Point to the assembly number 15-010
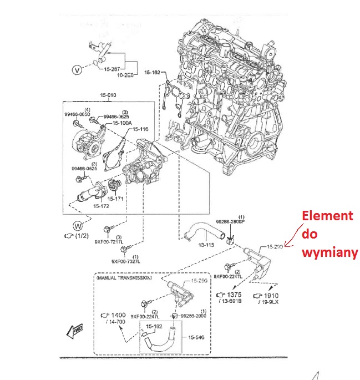click(x=108, y=95)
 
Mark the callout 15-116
click(x=140, y=130)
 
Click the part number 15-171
click(x=116, y=198)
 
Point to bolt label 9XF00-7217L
click(x=108, y=242)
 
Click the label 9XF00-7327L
click(x=126, y=261)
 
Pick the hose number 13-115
click(x=206, y=244)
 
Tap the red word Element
click(x=326, y=216)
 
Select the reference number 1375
click(x=234, y=295)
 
